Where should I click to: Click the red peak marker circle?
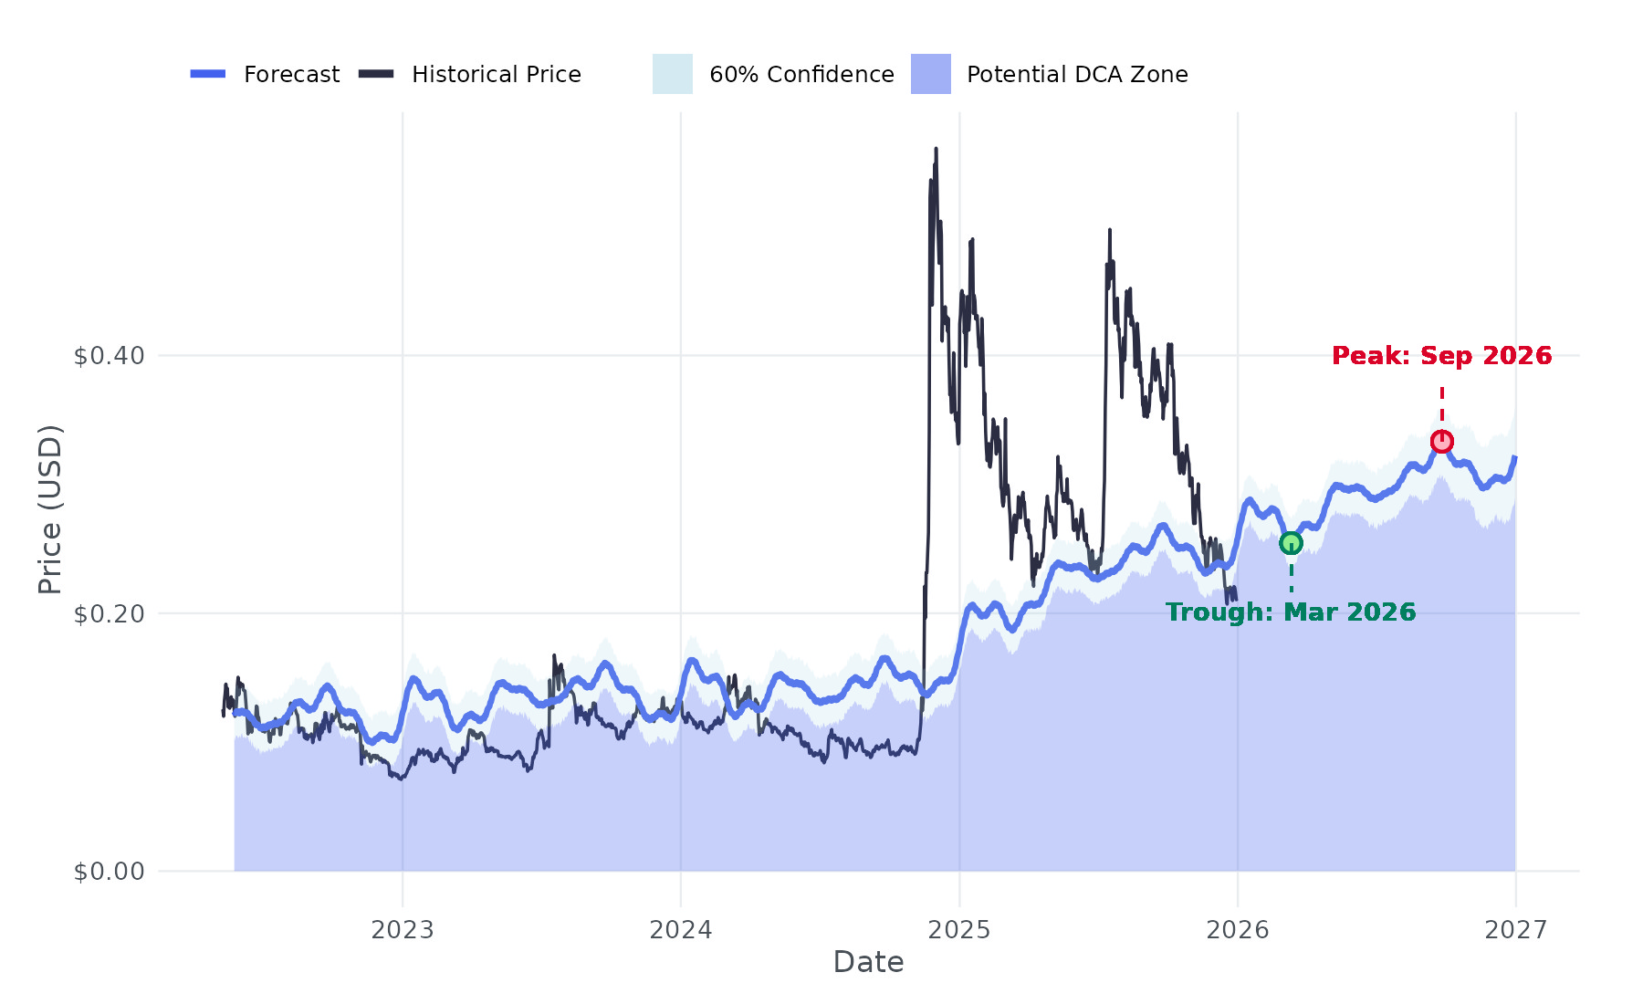(x=1441, y=442)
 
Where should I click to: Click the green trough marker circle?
(x=1291, y=543)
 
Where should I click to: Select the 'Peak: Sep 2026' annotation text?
(x=1441, y=356)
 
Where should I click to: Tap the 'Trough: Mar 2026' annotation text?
(x=1291, y=612)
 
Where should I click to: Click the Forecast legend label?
(x=291, y=75)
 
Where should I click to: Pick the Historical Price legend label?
(x=496, y=75)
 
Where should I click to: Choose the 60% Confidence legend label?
(x=801, y=75)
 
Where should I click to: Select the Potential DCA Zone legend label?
(x=1077, y=75)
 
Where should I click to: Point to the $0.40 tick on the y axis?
(x=110, y=356)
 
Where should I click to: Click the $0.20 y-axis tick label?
(x=110, y=614)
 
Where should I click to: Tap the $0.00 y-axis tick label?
(x=110, y=872)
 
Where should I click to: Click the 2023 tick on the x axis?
(x=403, y=930)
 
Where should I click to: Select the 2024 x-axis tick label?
(x=681, y=930)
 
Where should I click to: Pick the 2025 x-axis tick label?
(x=959, y=930)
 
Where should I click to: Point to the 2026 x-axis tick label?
(x=1238, y=930)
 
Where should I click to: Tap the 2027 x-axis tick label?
(x=1516, y=930)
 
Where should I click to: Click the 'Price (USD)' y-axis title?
(x=50, y=509)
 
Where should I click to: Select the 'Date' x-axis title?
(x=868, y=962)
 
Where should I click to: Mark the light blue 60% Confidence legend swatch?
(x=672, y=74)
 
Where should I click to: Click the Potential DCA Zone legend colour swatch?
(x=930, y=74)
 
